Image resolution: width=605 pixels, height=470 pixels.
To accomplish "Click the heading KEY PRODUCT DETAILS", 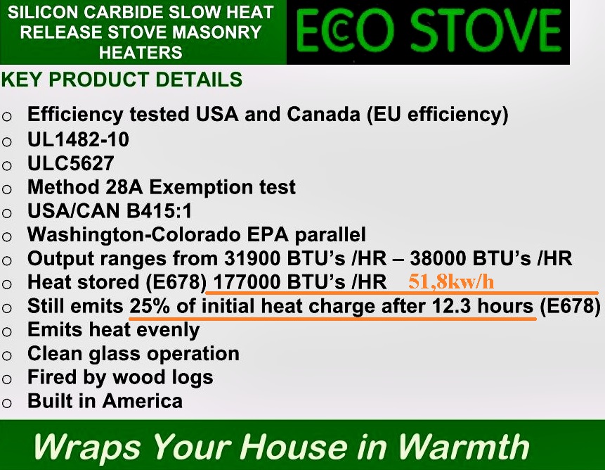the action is (x=122, y=80).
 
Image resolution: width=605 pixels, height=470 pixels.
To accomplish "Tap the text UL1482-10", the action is (x=78, y=139).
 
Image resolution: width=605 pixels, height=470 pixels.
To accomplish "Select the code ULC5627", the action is (x=70, y=163).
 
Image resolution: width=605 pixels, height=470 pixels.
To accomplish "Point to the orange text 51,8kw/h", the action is (x=451, y=281).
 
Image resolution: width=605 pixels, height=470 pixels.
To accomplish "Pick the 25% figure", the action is (x=150, y=306).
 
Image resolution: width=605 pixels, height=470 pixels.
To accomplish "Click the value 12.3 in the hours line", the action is (x=451, y=306).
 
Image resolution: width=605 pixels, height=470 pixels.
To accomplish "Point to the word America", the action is (x=143, y=401).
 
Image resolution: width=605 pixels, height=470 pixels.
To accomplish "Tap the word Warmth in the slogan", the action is (x=463, y=447).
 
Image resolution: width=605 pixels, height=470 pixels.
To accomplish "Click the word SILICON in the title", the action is (x=43, y=13).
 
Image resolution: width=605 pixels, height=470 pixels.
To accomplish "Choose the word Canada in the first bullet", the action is (x=323, y=114).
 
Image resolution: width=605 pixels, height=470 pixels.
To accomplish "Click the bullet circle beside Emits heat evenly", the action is (x=7, y=331).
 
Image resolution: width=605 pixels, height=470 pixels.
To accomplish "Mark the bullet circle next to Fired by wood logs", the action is (x=7, y=379).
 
